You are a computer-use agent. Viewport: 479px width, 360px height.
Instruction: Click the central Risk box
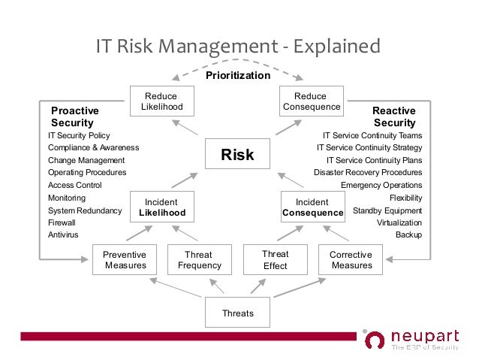(237, 155)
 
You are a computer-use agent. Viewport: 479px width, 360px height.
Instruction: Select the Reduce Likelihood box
(161, 101)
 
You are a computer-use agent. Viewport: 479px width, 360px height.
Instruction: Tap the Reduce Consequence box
(311, 101)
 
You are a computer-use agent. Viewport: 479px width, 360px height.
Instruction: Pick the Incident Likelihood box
(162, 207)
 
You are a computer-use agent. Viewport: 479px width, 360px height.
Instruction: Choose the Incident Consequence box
(312, 207)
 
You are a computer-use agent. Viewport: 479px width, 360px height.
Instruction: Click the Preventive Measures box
(125, 260)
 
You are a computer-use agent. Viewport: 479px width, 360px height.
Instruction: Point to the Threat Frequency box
(199, 260)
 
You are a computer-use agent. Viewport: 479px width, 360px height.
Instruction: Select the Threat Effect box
(276, 260)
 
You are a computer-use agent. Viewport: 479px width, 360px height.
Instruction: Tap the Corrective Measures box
(351, 260)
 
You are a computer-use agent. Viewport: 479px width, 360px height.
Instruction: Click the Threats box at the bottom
(237, 313)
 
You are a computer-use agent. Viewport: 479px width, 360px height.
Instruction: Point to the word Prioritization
(237, 76)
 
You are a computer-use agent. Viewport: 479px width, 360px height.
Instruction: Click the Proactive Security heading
(74, 116)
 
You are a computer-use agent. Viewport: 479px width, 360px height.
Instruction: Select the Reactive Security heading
(394, 116)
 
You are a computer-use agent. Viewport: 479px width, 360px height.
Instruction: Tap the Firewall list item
(62, 223)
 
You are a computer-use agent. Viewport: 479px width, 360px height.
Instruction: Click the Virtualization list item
(399, 223)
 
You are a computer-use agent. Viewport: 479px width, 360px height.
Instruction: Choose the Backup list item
(408, 235)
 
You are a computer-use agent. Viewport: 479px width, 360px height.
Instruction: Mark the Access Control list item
(74, 185)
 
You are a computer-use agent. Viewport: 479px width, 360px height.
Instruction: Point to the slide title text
(238, 47)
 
